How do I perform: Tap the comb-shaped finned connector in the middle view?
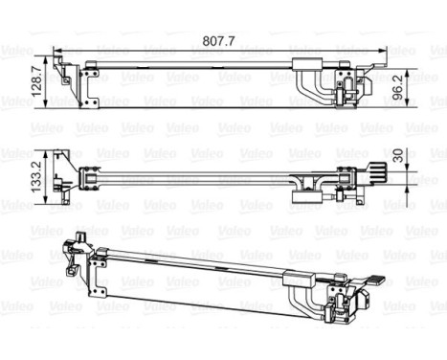pos(376,172)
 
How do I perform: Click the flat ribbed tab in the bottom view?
pos(375,280)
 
